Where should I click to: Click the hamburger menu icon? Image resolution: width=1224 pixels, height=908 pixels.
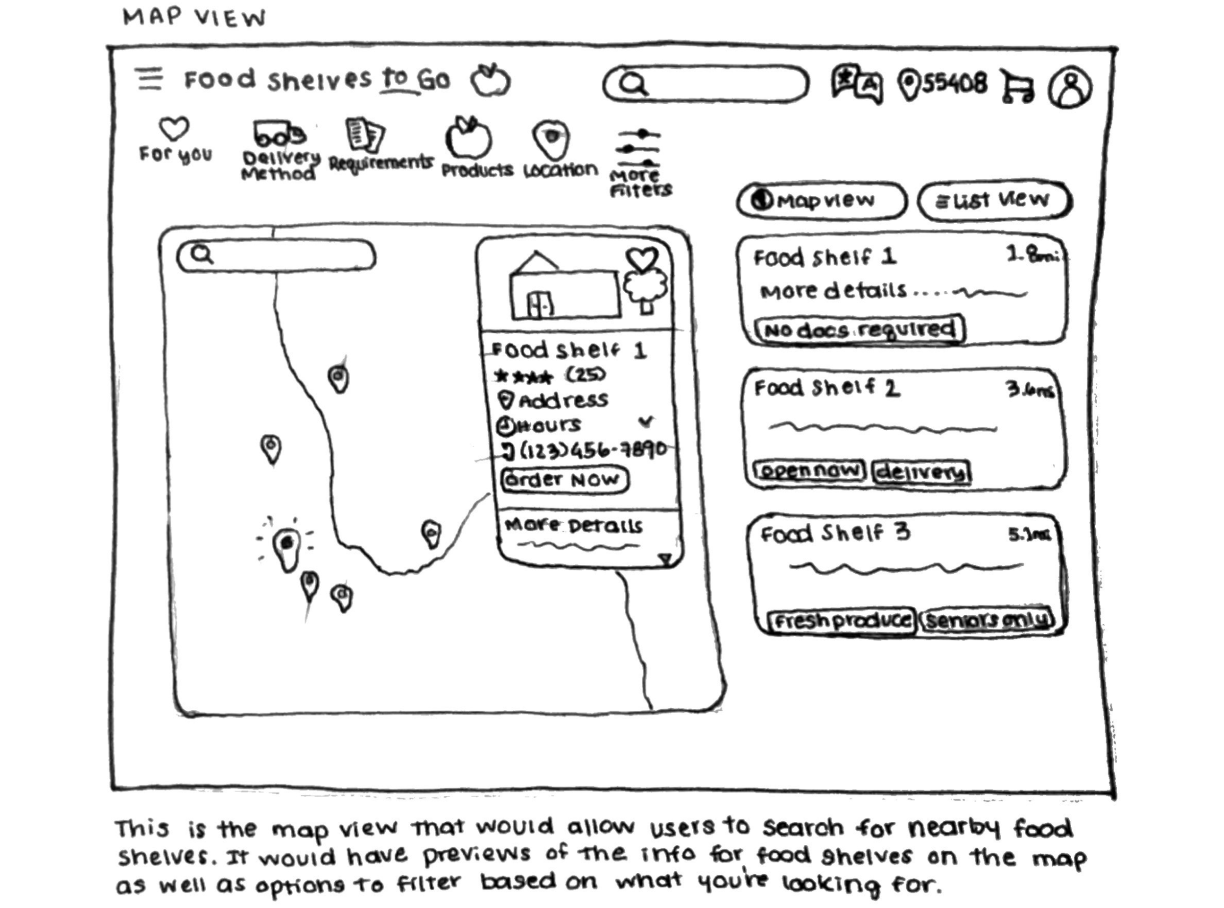(149, 79)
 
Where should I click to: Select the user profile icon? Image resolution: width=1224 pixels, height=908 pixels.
(1070, 88)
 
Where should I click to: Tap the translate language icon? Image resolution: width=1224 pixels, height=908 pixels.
(857, 84)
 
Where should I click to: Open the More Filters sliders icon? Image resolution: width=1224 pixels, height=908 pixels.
(638, 148)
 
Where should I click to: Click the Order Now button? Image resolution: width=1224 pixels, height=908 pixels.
(565, 479)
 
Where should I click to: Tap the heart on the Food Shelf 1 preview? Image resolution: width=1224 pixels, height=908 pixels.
(641, 259)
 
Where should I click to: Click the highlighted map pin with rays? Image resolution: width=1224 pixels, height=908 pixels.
(287, 547)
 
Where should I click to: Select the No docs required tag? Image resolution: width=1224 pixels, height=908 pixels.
(860, 330)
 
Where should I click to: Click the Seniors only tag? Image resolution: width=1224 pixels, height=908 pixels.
(987, 621)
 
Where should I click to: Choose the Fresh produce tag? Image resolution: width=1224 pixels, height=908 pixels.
(841, 621)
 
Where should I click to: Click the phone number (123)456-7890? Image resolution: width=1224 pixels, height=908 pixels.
(592, 450)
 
